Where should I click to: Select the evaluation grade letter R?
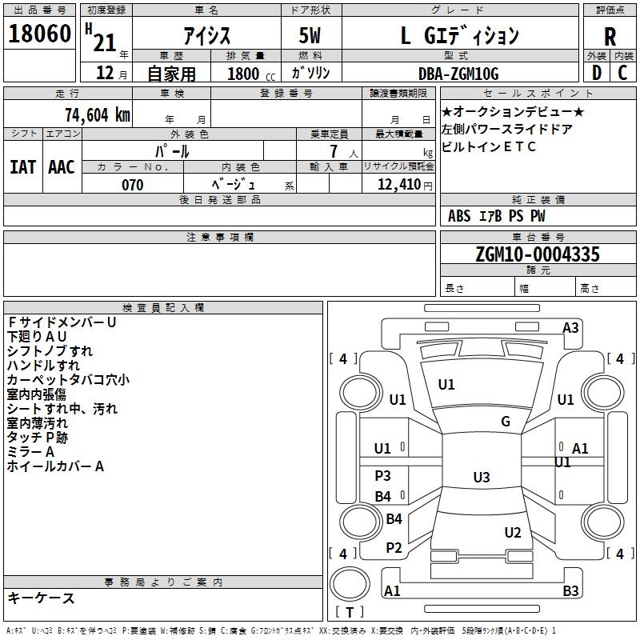point(610,36)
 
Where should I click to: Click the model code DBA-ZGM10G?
point(458,74)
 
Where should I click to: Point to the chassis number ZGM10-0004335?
point(537,254)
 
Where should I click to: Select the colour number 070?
point(133,185)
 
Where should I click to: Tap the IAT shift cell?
point(22,166)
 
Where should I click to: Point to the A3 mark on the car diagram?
point(570,328)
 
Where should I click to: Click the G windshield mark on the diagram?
point(506,422)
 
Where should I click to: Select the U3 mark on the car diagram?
point(481,478)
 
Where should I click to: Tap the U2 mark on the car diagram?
point(513,533)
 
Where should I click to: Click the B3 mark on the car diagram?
point(570,591)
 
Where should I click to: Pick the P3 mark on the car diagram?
point(382,476)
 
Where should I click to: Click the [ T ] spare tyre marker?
point(350,613)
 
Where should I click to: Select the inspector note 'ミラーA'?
point(30,452)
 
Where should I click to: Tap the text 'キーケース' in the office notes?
point(41,598)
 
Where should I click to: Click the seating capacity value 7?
point(333,151)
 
